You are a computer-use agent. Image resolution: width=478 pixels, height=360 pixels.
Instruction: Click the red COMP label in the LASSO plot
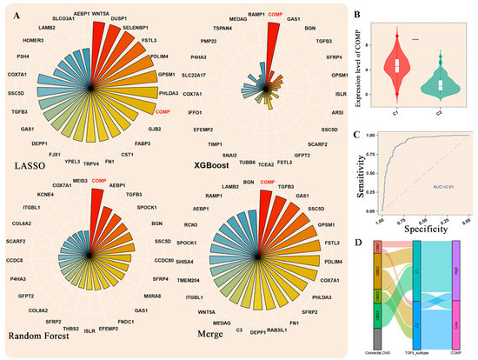click(x=162, y=113)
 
